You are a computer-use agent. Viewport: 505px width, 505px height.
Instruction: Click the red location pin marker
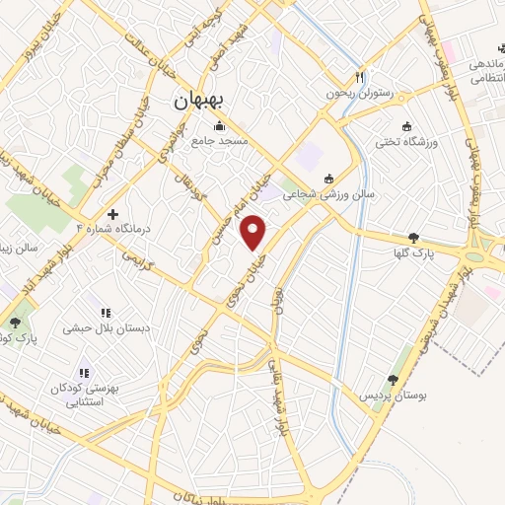click(x=254, y=232)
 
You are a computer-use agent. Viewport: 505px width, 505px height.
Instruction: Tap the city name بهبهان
click(x=199, y=100)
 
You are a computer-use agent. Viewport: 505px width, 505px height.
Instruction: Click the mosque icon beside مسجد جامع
click(x=217, y=126)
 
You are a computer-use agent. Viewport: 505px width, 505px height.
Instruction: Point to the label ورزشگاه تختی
click(x=402, y=143)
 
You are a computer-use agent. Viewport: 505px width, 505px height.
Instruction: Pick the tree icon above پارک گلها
click(x=412, y=238)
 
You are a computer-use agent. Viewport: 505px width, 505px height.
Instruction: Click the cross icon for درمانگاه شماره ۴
click(x=113, y=213)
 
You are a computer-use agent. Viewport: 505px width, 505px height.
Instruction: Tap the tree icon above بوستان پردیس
click(x=393, y=379)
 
